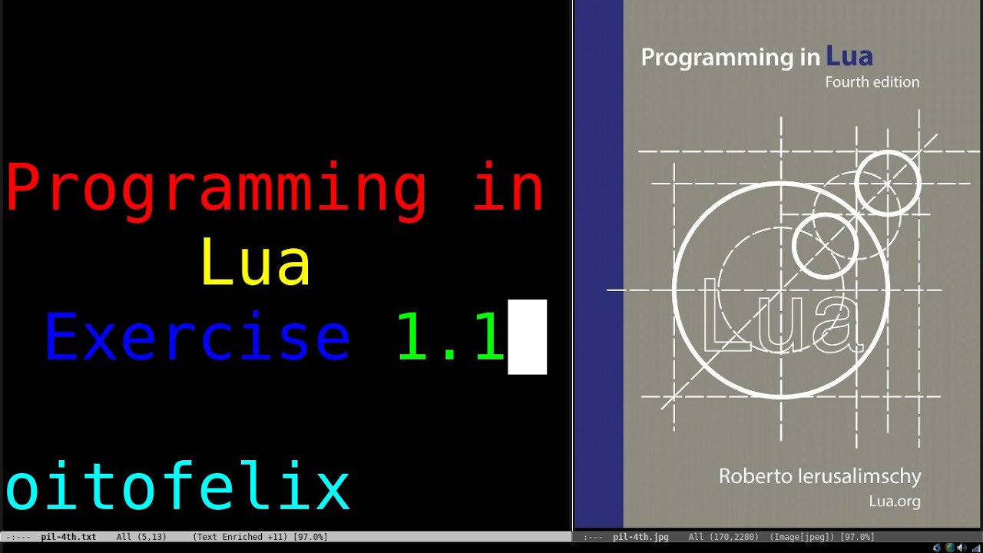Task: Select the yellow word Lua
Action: [x=256, y=263]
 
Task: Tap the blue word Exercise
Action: [x=197, y=337]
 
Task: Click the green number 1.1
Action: [x=450, y=337]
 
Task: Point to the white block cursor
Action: [x=527, y=337]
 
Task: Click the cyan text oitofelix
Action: [x=177, y=488]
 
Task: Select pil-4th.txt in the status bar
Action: [x=68, y=537]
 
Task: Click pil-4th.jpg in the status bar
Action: [x=640, y=537]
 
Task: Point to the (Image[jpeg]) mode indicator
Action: [x=806, y=537]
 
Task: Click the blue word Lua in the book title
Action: [x=849, y=56]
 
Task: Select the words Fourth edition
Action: [x=872, y=82]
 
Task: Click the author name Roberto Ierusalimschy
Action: [x=819, y=476]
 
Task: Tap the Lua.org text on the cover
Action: [x=894, y=502]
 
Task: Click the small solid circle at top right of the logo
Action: [x=888, y=183]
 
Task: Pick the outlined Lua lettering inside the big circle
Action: [x=782, y=319]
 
